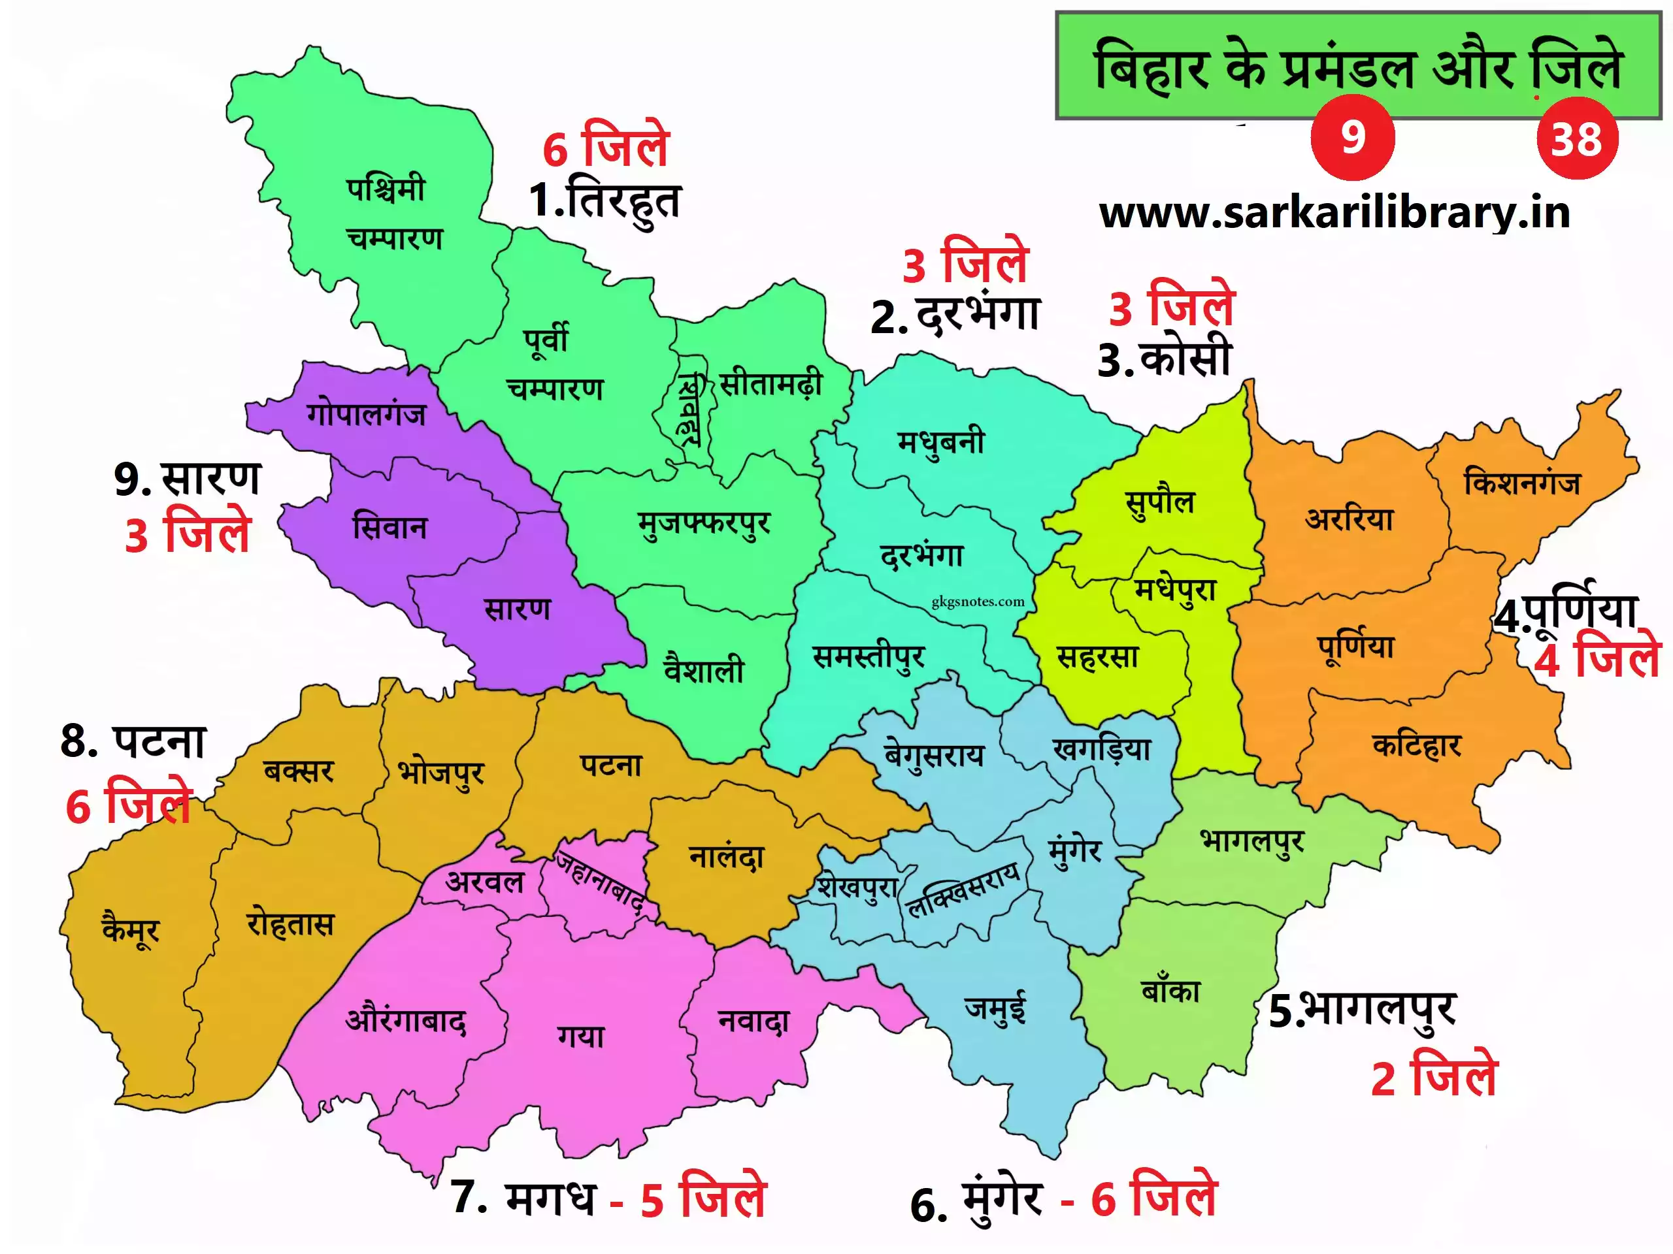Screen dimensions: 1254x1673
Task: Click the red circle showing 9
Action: coord(1352,138)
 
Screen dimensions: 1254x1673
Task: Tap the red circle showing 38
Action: coord(1577,138)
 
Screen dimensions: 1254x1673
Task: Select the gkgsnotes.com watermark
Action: coord(978,602)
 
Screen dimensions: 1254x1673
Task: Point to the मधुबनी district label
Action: coord(941,442)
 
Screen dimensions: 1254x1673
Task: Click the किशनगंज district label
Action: coord(1522,482)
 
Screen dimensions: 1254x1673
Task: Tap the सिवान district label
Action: coord(389,527)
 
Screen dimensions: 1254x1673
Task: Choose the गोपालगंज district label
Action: coord(366,413)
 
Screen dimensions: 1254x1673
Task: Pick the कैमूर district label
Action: coord(131,928)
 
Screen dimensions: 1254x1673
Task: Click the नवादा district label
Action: coord(754,1021)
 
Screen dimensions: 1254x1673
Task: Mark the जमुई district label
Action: coord(995,1008)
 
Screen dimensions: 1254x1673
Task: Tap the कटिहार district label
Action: coord(1417,745)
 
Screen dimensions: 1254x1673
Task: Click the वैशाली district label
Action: coord(703,669)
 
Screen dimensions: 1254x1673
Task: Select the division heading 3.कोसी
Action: coord(1165,359)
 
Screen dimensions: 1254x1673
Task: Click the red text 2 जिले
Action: coord(1434,1077)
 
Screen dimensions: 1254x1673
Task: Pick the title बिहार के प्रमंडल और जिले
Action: coord(1359,67)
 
